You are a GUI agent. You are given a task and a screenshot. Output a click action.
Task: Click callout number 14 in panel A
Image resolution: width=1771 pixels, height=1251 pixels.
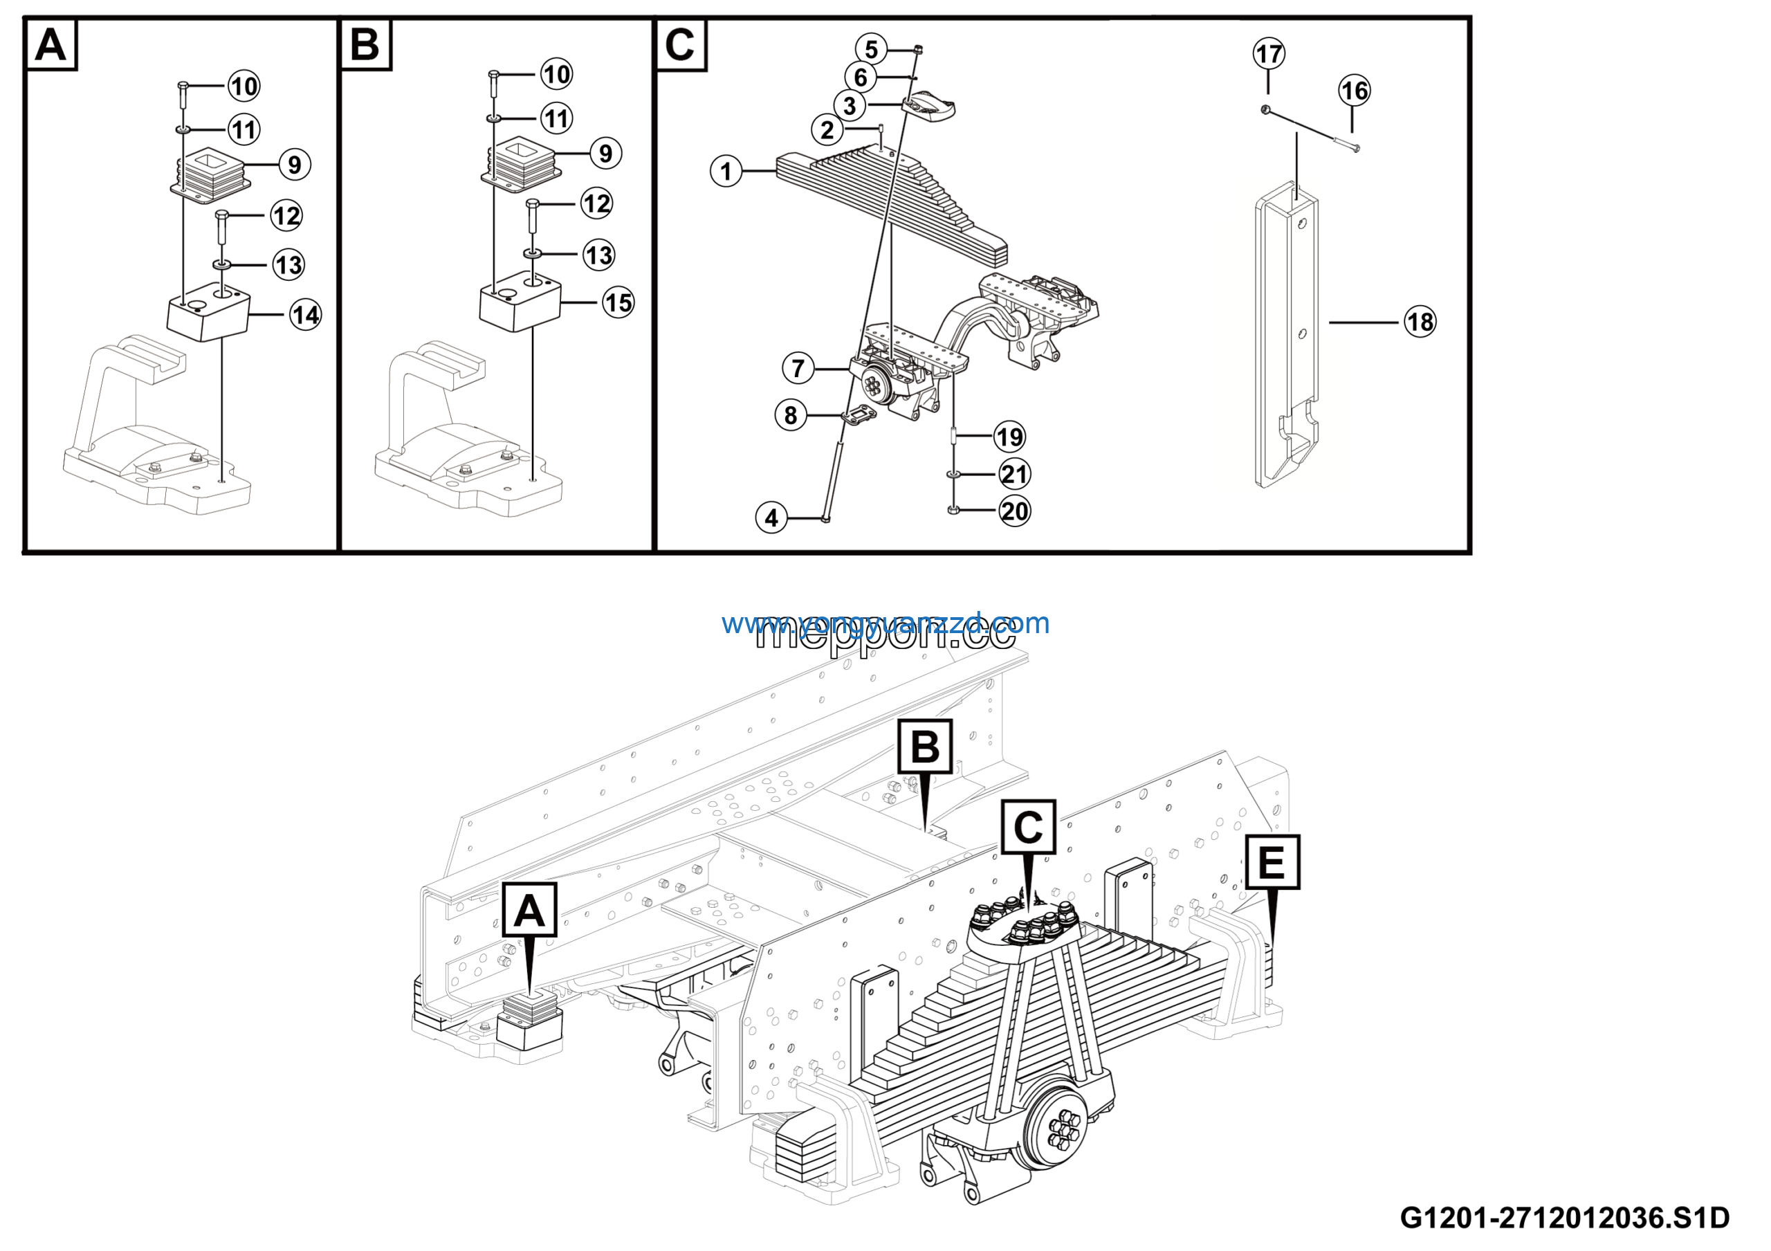(306, 315)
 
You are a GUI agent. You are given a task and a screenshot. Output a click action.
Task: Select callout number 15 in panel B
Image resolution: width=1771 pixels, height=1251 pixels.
(618, 302)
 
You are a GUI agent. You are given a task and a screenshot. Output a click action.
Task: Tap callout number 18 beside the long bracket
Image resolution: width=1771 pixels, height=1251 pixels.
(1420, 322)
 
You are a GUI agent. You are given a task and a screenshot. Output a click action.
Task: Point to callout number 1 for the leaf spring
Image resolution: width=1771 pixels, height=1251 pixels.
(726, 170)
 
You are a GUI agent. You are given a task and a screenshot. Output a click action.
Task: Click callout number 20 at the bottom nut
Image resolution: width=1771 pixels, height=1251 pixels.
(1014, 511)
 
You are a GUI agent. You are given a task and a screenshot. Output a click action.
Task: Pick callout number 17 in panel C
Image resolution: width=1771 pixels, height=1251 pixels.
(1269, 54)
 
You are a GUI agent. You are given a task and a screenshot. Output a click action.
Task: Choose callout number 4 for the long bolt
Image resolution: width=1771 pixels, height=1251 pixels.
(771, 518)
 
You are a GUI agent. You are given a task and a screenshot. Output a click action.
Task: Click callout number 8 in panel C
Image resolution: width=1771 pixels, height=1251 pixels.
(791, 415)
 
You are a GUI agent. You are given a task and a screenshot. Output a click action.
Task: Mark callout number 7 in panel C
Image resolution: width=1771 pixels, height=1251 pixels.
(798, 368)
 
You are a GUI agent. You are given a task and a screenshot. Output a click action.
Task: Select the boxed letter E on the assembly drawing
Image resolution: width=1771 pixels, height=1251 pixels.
(1272, 861)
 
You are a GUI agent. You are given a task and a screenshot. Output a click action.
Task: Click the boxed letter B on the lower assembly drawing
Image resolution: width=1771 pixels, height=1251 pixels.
(925, 747)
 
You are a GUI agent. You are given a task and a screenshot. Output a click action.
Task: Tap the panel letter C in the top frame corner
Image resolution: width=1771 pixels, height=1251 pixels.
(680, 45)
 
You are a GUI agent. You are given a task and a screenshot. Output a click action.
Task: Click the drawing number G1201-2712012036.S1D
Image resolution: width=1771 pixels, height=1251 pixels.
(1564, 1217)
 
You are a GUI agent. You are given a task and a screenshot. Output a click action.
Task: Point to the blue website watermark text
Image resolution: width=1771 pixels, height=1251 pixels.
(885, 623)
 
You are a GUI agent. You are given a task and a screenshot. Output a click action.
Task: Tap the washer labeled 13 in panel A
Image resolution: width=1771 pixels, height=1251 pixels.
(222, 265)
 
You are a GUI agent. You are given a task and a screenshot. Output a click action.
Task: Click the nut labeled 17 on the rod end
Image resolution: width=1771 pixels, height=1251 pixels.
(1266, 110)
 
